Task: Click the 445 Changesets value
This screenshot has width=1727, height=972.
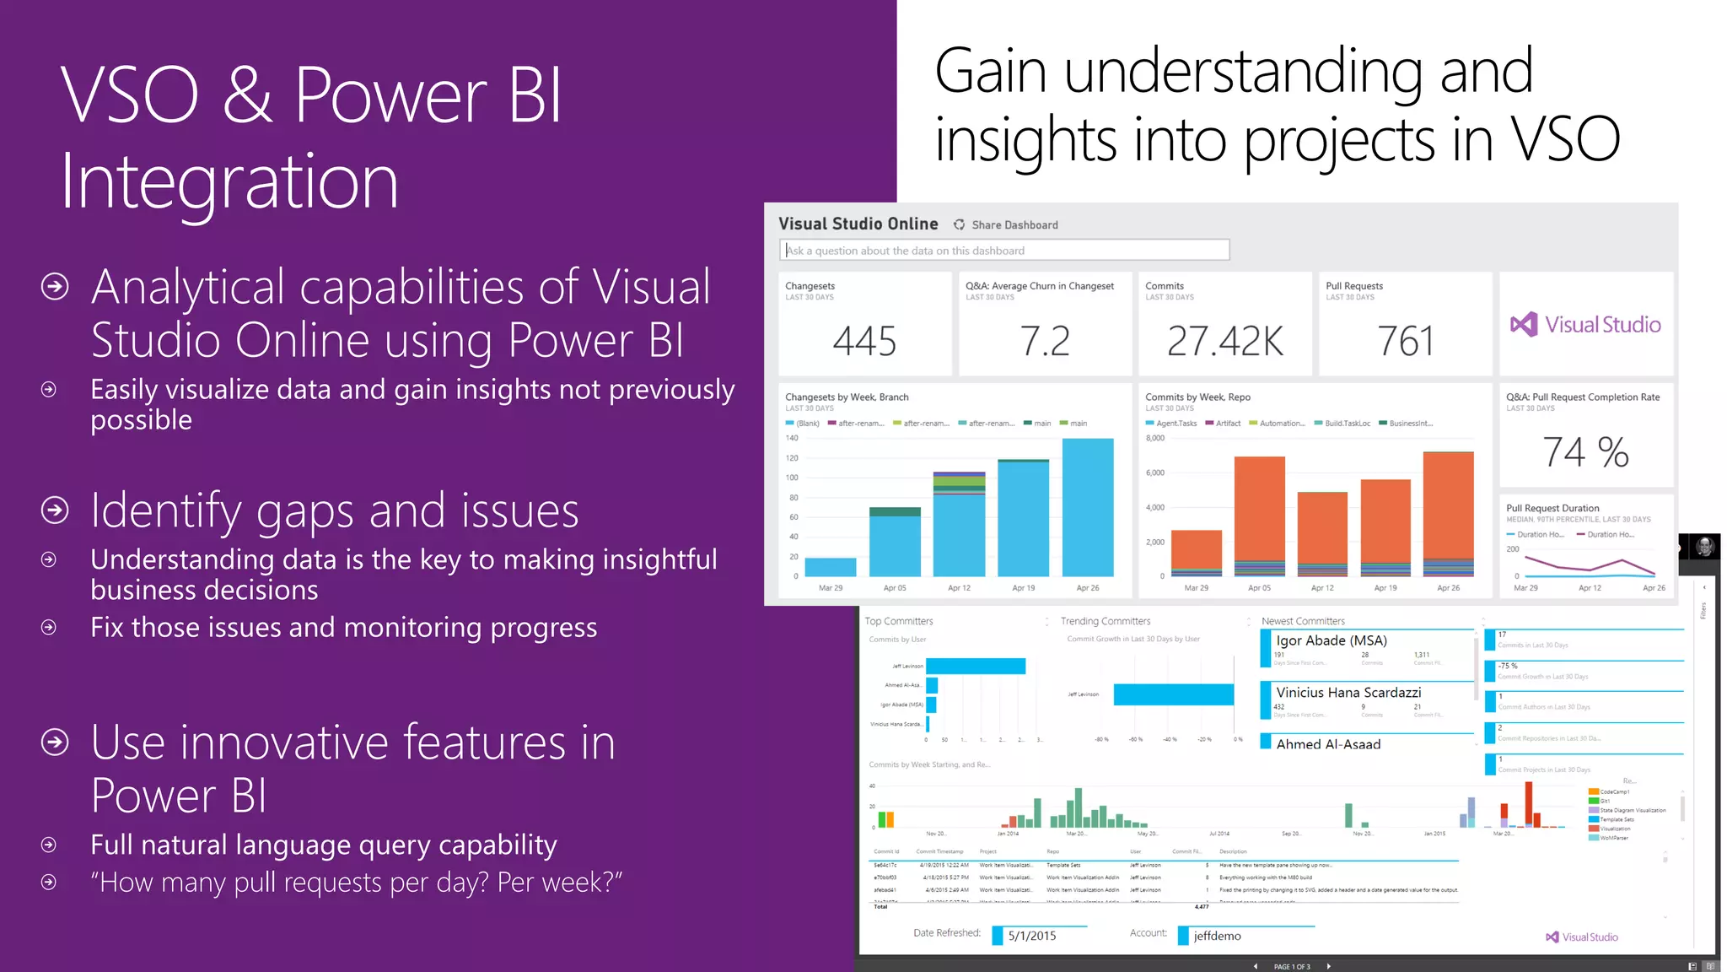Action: [x=864, y=341]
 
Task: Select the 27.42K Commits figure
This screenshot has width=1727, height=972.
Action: [x=1224, y=341]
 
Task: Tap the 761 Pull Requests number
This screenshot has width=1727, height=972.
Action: [x=1405, y=341]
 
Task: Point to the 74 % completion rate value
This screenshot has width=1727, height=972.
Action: [x=1585, y=452]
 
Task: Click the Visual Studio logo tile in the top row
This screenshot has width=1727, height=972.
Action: [x=1586, y=325]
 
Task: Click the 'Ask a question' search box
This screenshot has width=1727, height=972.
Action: [x=1003, y=251]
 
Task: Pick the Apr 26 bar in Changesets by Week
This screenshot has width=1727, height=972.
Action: [x=1088, y=506]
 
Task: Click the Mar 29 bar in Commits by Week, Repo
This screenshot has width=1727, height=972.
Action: [x=1196, y=550]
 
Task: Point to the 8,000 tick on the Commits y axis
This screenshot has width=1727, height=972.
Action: [x=1154, y=439]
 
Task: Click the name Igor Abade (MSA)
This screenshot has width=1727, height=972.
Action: [x=1331, y=641]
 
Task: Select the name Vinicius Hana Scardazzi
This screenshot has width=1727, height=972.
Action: [x=1348, y=693]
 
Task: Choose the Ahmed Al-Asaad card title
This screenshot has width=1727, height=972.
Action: [x=1328, y=744]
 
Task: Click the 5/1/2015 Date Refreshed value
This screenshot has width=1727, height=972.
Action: [x=1032, y=936]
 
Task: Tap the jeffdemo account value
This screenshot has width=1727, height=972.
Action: [x=1217, y=936]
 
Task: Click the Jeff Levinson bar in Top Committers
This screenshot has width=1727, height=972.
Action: [x=975, y=667]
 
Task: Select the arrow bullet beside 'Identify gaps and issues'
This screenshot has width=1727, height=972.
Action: [x=55, y=510]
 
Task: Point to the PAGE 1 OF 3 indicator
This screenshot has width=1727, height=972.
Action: [x=1291, y=967]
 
